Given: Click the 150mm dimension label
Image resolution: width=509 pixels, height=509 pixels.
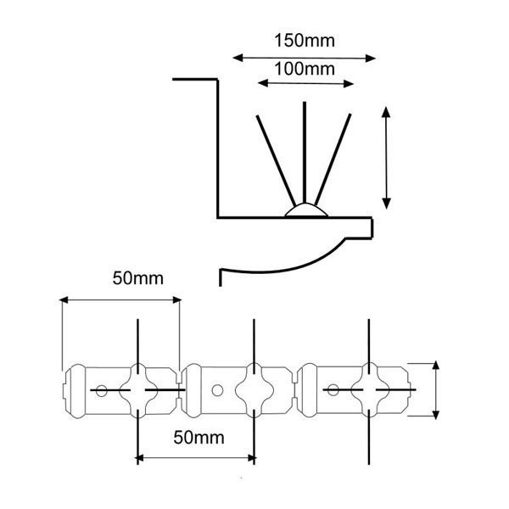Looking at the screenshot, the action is click(305, 41).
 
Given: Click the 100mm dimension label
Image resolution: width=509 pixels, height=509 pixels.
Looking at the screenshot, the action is click(305, 70).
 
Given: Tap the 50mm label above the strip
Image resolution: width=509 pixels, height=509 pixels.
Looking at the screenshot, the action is click(138, 278).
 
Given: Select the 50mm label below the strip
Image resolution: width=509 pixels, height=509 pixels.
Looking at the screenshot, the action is click(199, 438).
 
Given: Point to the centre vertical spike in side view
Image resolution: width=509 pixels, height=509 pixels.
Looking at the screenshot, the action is click(305, 152).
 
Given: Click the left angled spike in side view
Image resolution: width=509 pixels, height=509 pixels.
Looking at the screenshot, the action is click(276, 160).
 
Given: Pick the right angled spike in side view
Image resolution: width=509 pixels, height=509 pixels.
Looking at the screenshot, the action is click(333, 159).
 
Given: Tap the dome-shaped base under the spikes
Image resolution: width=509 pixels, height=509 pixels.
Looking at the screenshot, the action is click(306, 210).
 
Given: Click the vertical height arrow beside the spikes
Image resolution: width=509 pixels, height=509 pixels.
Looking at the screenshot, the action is click(386, 158).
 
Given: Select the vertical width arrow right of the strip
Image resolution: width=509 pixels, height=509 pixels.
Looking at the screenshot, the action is click(436, 389).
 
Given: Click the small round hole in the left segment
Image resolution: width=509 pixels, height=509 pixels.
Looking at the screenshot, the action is click(102, 390).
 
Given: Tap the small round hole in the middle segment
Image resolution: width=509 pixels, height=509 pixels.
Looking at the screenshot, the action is click(217, 390).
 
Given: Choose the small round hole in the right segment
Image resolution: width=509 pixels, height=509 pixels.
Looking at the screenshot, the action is click(333, 390).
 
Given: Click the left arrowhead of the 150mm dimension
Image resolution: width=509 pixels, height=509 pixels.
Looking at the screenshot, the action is click(238, 58).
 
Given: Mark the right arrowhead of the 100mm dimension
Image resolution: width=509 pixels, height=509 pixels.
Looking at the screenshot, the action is click(349, 84).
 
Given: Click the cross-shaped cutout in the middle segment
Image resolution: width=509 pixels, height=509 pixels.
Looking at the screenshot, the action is click(254, 390).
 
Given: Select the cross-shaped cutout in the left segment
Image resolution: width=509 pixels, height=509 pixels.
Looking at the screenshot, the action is click(138, 390).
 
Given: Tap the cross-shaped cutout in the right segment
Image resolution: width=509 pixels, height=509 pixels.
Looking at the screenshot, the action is click(370, 390).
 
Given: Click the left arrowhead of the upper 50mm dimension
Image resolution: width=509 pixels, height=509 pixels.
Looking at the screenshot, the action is click(64, 300).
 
